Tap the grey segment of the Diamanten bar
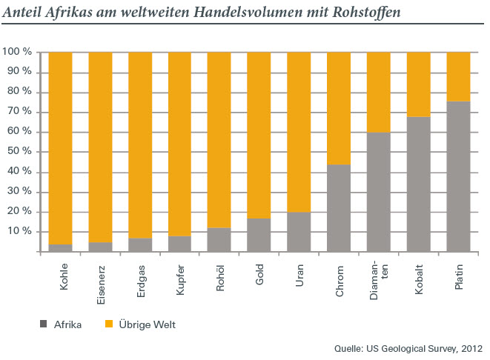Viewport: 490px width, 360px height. tap(378, 192)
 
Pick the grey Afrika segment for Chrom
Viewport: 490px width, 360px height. tap(338, 207)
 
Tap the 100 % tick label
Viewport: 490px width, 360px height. tap(17, 52)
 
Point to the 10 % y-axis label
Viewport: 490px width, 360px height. tap(19, 232)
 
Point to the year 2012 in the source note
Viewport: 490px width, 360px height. tap(471, 347)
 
